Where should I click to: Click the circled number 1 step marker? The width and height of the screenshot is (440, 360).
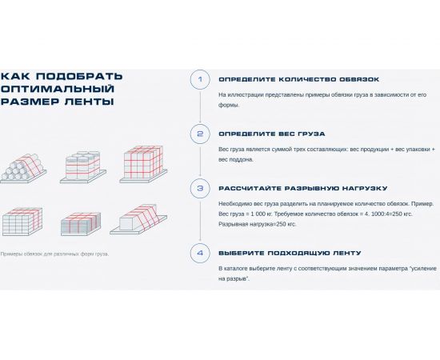pyautogui.click(x=199, y=79)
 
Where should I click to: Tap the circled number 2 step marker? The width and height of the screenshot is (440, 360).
pyautogui.click(x=199, y=134)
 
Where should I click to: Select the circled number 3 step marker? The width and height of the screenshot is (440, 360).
pyautogui.click(x=199, y=189)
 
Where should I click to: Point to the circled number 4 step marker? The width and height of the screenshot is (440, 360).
pyautogui.click(x=199, y=254)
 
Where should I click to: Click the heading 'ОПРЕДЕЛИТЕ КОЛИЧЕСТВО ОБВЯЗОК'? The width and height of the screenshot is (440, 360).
pyautogui.click(x=299, y=79)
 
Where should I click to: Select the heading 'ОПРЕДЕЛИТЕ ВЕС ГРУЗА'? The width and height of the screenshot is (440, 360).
pyautogui.click(x=272, y=134)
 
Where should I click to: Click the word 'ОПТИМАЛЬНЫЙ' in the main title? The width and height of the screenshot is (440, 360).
pyautogui.click(x=58, y=89)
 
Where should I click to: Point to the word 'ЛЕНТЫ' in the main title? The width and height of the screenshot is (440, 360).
pyautogui.click(x=90, y=102)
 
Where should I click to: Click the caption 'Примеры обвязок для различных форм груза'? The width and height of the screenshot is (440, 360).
pyautogui.click(x=54, y=254)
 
